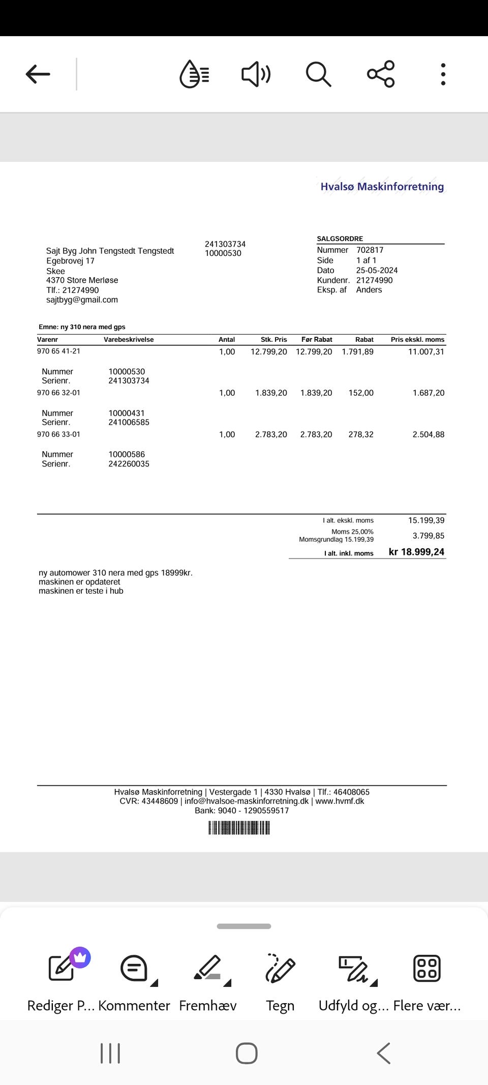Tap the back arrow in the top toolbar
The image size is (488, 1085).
point(38,74)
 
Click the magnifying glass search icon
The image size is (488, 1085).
point(318,74)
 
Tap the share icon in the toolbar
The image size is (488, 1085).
point(381,74)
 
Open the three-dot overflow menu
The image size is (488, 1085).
point(443,74)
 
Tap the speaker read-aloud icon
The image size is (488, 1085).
point(256,74)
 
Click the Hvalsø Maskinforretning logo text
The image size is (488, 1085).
point(382,187)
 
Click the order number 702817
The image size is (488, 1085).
point(370,250)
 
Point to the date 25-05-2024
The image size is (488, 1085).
point(377,270)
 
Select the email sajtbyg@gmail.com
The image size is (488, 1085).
point(82,300)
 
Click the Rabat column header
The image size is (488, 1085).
point(364,339)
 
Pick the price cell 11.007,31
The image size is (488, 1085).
point(426,351)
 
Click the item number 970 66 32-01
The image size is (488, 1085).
point(58,393)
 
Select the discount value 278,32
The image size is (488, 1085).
point(361,434)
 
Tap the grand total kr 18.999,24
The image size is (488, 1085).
point(416,552)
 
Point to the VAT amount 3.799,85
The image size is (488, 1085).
point(428,536)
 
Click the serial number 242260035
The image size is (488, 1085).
point(129,464)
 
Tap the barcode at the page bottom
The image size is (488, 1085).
point(239,829)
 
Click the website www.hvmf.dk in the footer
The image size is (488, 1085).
point(340,801)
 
